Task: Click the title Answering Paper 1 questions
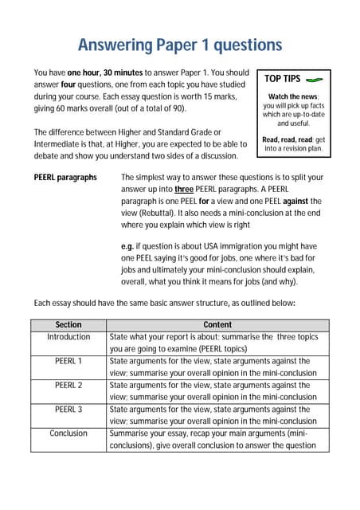pos(179,45)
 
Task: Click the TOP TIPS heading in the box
pos(282,80)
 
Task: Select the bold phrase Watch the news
pos(293,96)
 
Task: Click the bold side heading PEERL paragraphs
pos(65,177)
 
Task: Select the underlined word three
pos(185,189)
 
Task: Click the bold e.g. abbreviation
pos(127,247)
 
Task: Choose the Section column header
pos(68,325)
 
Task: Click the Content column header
pos(217,325)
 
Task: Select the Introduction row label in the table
pos(68,337)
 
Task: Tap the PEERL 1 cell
pos(68,361)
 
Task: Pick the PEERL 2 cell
pos(68,385)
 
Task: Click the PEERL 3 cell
pos(68,409)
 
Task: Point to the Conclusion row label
pos(68,433)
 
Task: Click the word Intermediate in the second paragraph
pos(60,143)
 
